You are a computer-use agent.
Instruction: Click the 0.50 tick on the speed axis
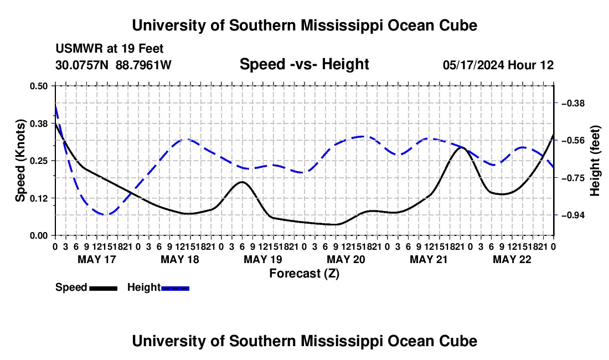coord(38,86)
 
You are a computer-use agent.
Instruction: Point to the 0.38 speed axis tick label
coord(38,124)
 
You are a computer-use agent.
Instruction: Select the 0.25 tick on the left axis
coord(38,161)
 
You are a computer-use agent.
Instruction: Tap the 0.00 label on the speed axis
coord(38,236)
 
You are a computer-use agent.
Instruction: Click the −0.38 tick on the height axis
coord(572,104)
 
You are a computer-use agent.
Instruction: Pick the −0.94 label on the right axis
coord(572,215)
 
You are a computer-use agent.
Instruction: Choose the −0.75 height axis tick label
coord(572,178)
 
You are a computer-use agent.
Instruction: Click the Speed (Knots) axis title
coord(20,161)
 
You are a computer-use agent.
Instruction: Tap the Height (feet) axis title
coord(595,161)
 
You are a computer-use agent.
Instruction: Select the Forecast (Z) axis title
coord(304,274)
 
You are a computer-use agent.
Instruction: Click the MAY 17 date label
coord(97,259)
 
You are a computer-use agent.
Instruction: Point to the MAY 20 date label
coord(346,259)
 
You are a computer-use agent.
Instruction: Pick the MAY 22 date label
coord(512,259)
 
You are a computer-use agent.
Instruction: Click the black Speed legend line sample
coord(104,289)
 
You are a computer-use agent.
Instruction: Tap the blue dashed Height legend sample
coord(175,289)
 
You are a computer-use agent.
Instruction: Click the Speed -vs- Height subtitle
coord(304,64)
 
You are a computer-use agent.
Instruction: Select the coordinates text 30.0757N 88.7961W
coord(113,65)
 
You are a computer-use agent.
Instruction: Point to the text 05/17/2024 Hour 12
coord(498,65)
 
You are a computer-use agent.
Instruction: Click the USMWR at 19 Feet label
coord(110,49)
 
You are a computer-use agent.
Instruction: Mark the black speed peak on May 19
coord(242,182)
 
